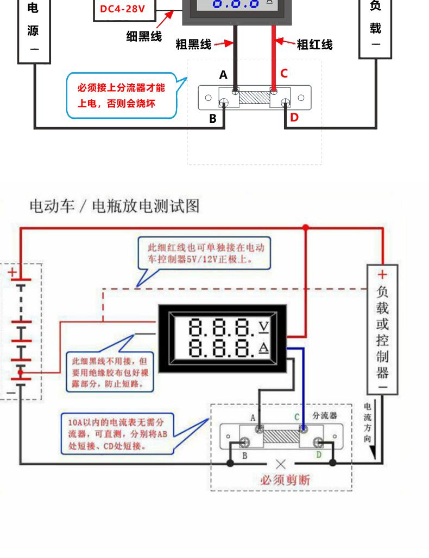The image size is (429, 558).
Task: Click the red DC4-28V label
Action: click(123, 9)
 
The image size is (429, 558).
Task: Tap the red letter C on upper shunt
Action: click(283, 73)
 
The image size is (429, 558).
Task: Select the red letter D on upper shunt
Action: click(294, 118)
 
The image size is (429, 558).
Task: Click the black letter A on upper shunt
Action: click(223, 75)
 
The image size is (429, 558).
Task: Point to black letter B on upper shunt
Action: click(213, 119)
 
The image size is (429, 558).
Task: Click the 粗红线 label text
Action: click(314, 44)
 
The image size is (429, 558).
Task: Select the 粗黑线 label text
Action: click(193, 44)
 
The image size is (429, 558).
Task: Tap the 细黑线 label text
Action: click(144, 36)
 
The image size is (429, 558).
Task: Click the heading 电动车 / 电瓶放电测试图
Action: click(115, 206)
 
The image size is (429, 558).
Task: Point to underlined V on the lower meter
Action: click(263, 326)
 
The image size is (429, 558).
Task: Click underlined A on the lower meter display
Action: click(263, 347)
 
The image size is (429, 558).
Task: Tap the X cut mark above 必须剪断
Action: click(281, 464)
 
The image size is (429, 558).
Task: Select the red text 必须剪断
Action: click(285, 480)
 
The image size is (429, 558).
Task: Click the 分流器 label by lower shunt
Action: click(325, 415)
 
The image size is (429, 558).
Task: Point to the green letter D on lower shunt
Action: click(319, 454)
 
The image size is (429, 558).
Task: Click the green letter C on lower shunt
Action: click(296, 416)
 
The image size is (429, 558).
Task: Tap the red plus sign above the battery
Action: click(12, 272)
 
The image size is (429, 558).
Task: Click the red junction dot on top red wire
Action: click(305, 227)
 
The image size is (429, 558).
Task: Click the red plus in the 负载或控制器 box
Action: click(382, 274)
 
